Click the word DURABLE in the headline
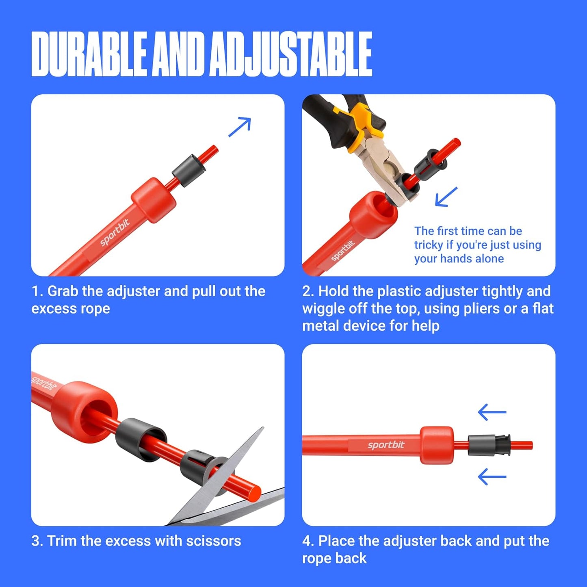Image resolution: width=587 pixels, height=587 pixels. coord(89,54)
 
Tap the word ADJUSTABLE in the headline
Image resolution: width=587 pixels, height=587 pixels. coord(291,54)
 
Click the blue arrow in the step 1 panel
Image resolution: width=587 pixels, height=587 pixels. coord(240,127)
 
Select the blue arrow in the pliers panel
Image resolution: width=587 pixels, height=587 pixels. coord(446,197)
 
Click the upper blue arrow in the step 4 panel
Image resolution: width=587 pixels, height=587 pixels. coord(492,412)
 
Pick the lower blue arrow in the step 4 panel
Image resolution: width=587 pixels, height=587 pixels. coord(492,477)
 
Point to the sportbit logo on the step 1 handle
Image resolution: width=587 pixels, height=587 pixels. coord(115,232)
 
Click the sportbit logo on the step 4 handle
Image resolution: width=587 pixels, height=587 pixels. coord(386,445)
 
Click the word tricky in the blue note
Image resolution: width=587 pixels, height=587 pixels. coord(428,245)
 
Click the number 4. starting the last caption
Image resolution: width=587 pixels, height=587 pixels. coord(308,541)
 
